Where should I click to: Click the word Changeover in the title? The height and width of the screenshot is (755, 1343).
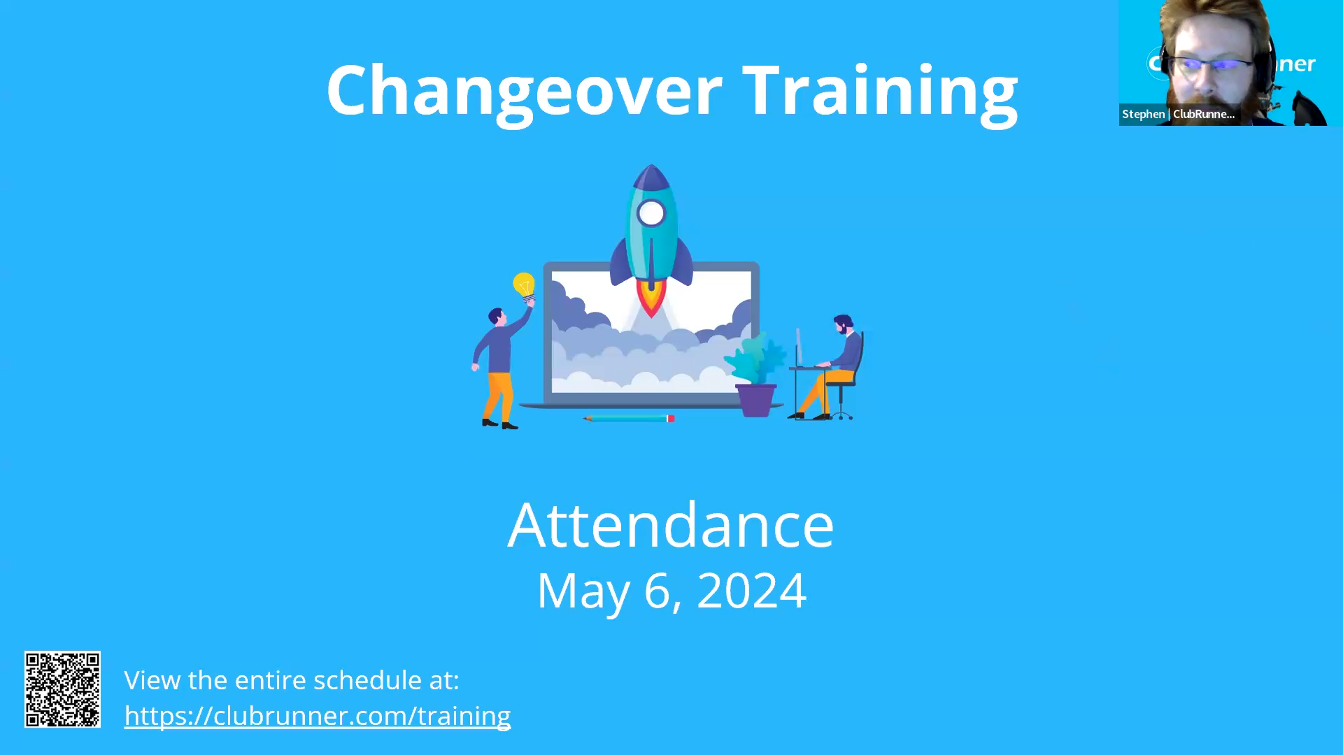click(x=524, y=91)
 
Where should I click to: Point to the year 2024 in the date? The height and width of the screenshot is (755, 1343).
click(x=751, y=591)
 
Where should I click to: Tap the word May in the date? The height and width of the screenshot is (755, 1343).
click(x=583, y=593)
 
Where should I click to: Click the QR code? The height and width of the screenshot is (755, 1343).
click(x=62, y=689)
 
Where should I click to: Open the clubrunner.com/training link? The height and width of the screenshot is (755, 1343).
click(x=318, y=716)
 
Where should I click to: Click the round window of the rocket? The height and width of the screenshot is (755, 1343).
click(x=651, y=213)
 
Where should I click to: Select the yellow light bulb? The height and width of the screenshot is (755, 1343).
click(x=524, y=286)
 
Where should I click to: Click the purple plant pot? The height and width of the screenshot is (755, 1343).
click(x=755, y=400)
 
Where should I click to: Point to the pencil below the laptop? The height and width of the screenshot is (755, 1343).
click(x=629, y=419)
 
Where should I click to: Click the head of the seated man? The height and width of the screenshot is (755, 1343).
click(x=843, y=324)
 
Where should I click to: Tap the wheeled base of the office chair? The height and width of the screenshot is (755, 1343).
click(x=841, y=413)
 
